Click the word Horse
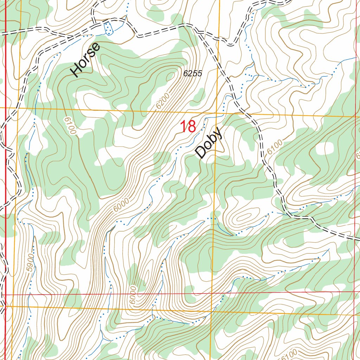pyautogui.click(x=85, y=60)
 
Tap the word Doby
pyautogui.click(x=209, y=143)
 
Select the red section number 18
pyautogui.click(x=188, y=127)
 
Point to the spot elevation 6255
pyautogui.click(x=193, y=73)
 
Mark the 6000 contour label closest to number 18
pyautogui.click(x=121, y=205)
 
